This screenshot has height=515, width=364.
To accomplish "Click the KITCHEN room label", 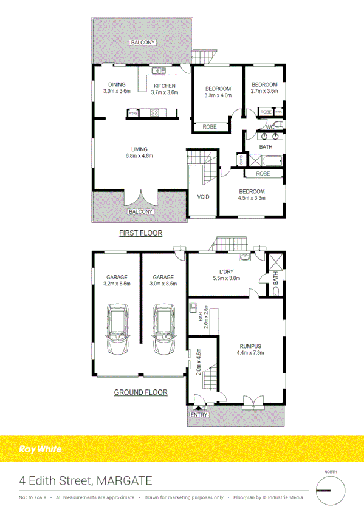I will pos(164,86).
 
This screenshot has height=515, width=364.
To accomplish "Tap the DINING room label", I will pos(117,85).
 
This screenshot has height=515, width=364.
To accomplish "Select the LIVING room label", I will pos(140,149).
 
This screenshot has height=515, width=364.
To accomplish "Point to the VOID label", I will pos(203,197).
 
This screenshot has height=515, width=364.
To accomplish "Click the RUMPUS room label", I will pos(250,346).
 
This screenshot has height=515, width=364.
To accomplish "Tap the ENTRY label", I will pos(199,415).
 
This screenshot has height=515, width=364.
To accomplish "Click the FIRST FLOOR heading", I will pos(140,233).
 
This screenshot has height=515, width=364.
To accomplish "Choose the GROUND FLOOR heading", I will pos(140,392).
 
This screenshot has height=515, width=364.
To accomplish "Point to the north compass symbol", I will pos(330,489).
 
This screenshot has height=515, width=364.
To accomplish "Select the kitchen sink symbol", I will pos(159,70).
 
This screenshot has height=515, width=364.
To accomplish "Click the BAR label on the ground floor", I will pos(199,316).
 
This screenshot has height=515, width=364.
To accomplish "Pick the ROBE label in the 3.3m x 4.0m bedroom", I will pos(210,127).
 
